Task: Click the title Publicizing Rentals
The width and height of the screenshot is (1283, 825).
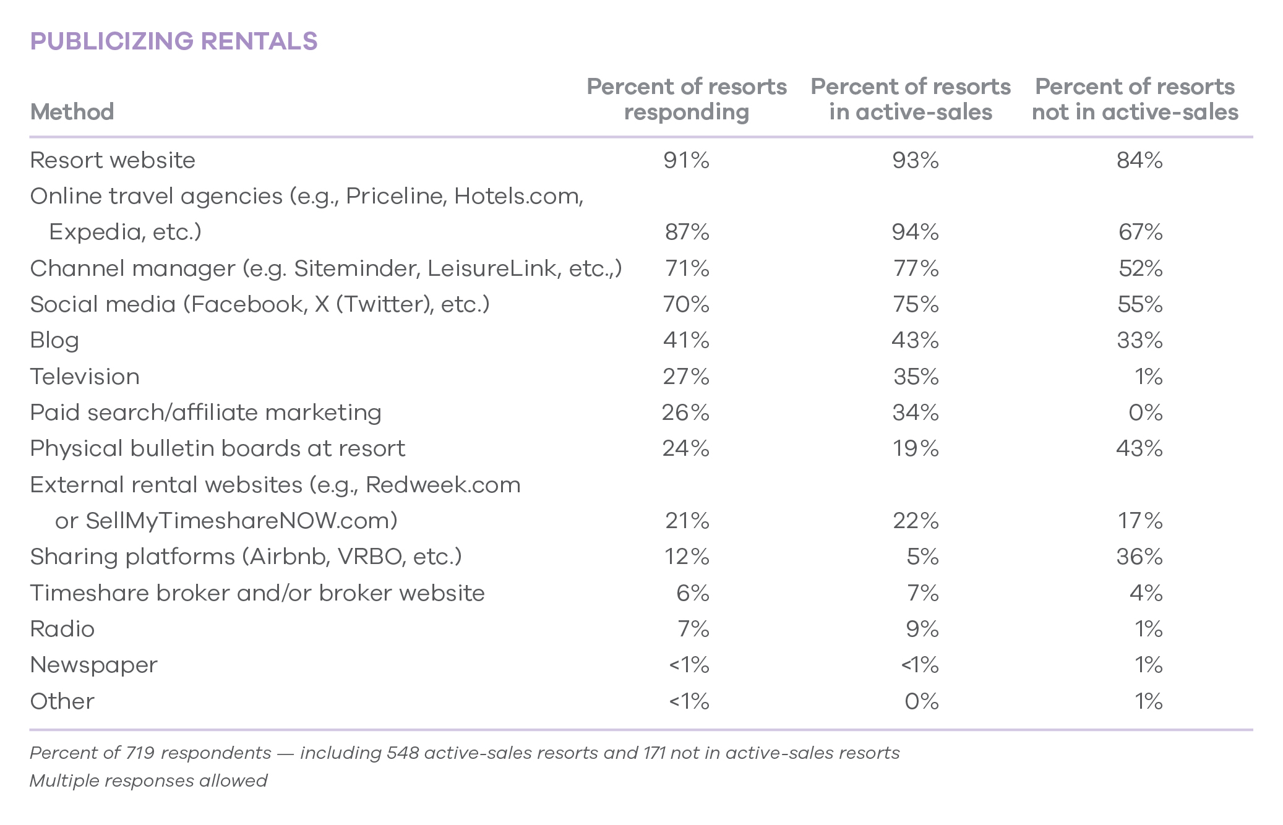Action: click(x=174, y=41)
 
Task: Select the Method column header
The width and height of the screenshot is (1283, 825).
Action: click(x=72, y=112)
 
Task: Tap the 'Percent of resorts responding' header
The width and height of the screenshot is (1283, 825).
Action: click(x=687, y=99)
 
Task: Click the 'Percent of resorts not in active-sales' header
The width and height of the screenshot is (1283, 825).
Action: click(x=1135, y=99)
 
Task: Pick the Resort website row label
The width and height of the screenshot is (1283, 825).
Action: click(x=113, y=160)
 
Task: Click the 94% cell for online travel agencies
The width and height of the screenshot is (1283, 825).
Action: click(x=915, y=232)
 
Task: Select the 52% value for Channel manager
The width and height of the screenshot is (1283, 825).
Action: click(x=1140, y=268)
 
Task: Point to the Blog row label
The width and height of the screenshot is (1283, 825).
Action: click(x=54, y=340)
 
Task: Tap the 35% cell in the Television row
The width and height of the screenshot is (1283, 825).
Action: click(x=916, y=377)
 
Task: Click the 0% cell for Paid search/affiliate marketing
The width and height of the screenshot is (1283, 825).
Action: click(x=1145, y=413)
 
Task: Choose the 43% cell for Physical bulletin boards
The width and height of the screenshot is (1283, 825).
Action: click(x=1139, y=448)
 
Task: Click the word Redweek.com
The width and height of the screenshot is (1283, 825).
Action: click(x=443, y=485)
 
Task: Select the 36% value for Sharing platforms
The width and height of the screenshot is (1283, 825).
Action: click(x=1139, y=557)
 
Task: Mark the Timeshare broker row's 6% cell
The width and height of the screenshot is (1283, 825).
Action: click(x=692, y=593)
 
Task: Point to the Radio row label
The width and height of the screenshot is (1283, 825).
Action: click(x=62, y=629)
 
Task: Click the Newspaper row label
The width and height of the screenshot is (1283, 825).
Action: click(x=93, y=665)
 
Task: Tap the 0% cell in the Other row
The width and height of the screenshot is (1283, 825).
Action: click(x=921, y=701)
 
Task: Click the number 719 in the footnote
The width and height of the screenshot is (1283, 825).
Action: click(x=140, y=753)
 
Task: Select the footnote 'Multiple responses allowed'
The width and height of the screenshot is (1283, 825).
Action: click(x=148, y=780)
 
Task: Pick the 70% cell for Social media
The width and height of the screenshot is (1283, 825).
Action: click(x=686, y=304)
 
